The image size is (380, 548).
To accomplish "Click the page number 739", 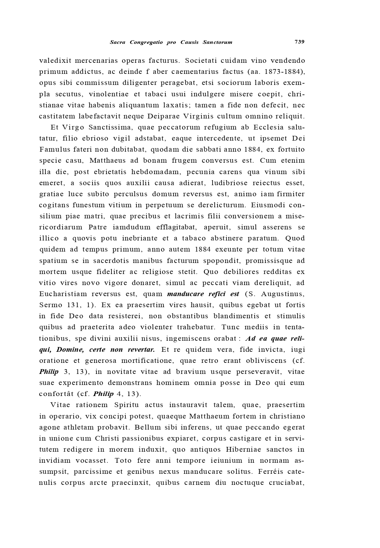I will tap(299, 42).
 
